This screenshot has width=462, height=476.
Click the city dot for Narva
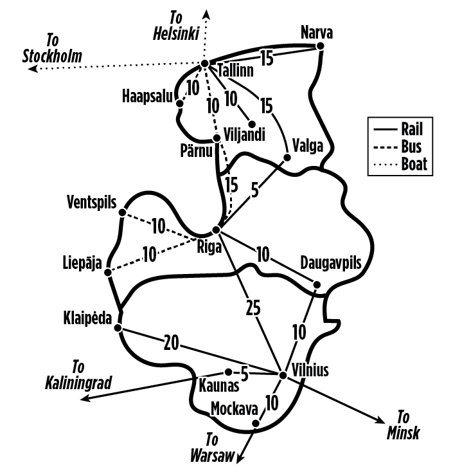pos(320,46)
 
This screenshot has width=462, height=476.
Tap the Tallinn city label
pos(236,71)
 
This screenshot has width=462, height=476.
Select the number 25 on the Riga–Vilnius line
pos(253,308)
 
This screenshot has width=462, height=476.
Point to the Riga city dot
pos(216,230)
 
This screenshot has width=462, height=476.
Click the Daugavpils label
pos(331,263)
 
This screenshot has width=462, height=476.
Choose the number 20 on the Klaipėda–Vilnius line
pos(172,343)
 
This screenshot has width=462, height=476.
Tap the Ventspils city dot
pos(122,212)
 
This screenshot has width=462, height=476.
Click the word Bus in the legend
pos(411,147)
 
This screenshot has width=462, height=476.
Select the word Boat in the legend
pos(414,164)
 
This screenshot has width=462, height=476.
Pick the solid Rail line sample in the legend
pos(386,130)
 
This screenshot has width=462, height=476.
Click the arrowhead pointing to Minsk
pos(380,421)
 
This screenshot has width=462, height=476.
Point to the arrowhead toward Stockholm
pos(33,69)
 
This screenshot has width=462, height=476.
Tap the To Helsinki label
pos(176,26)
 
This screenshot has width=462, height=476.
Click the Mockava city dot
pos(256,423)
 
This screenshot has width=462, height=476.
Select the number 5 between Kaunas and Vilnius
pos(244,374)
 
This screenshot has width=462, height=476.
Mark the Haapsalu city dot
pos(180,104)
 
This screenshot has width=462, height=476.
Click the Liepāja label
pos(82,263)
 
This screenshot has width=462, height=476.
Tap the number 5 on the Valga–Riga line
pos(254,190)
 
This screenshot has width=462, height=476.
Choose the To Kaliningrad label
pos(78,375)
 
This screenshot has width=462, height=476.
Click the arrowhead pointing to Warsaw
pos(240,459)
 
